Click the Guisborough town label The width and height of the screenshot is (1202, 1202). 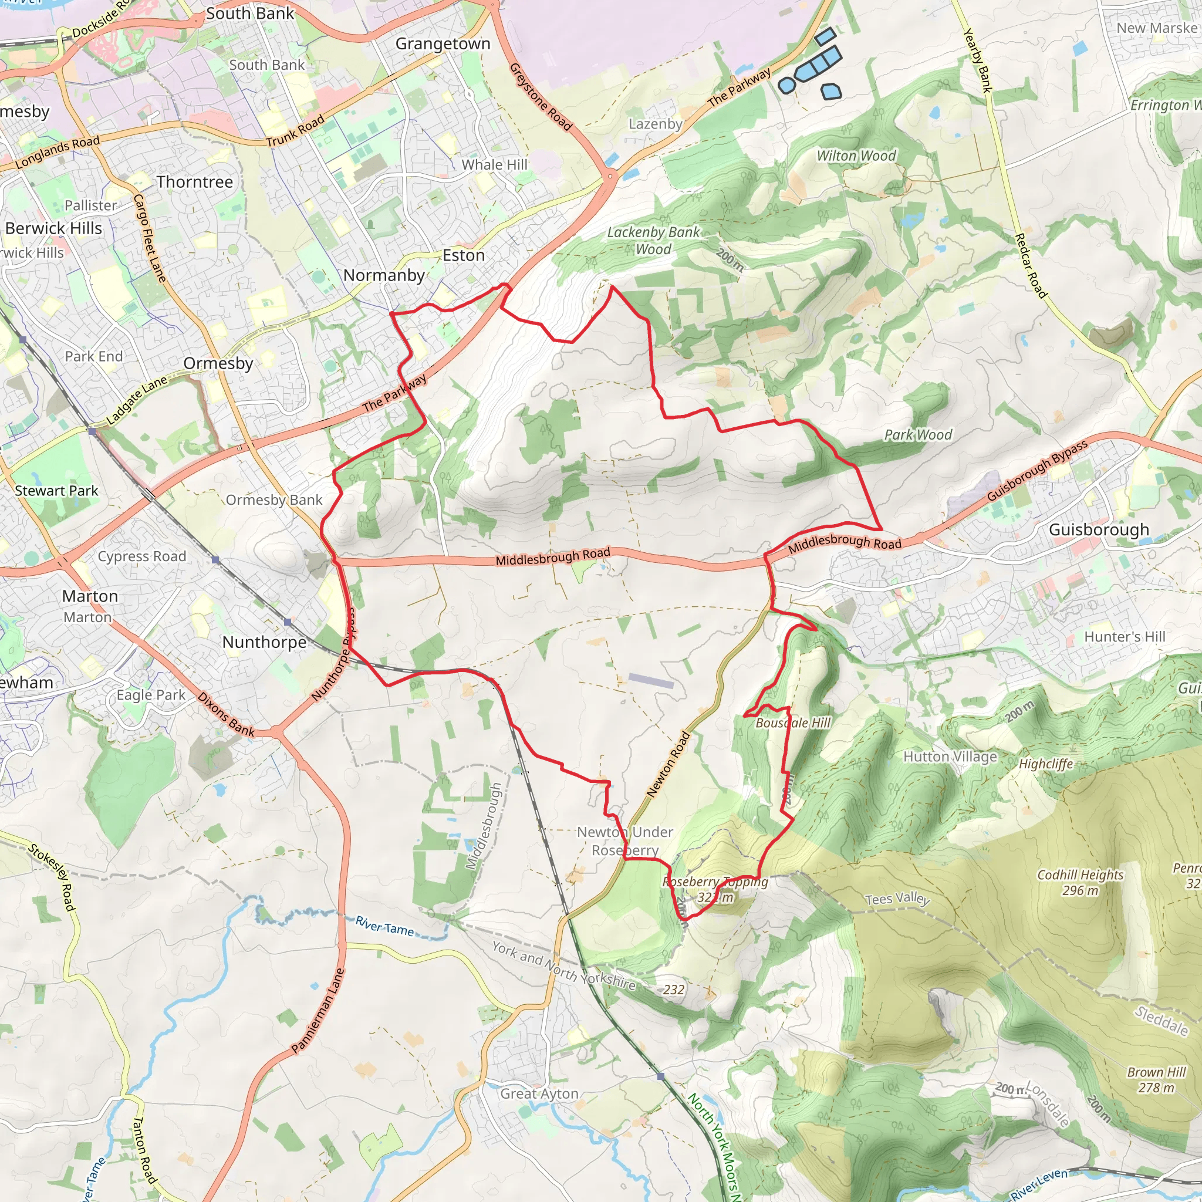pyautogui.click(x=1099, y=529)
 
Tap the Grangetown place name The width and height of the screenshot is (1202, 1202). pyautogui.click(x=443, y=43)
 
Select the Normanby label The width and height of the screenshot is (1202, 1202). pyautogui.click(x=384, y=275)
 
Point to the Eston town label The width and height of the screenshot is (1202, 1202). pyautogui.click(x=464, y=255)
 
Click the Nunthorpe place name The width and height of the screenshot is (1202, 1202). pyautogui.click(x=265, y=642)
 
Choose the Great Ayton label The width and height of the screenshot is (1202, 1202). pyautogui.click(x=539, y=1094)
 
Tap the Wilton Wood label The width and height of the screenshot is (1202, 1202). pyautogui.click(x=856, y=156)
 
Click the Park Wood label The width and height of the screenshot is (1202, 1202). pyautogui.click(x=919, y=435)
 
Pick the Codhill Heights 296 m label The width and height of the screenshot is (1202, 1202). pyautogui.click(x=1081, y=882)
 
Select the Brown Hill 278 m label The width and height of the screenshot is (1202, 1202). pyautogui.click(x=1157, y=1079)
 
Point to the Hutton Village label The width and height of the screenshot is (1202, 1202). pyautogui.click(x=950, y=757)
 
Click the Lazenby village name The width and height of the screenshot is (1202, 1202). pyautogui.click(x=655, y=124)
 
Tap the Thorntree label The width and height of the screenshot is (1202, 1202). pyautogui.click(x=195, y=182)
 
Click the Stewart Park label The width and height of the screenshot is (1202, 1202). pyautogui.click(x=56, y=490)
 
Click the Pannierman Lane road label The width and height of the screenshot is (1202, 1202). pyautogui.click(x=318, y=1011)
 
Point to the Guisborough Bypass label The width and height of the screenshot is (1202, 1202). pyautogui.click(x=1038, y=470)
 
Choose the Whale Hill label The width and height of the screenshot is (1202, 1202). pyautogui.click(x=495, y=164)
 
